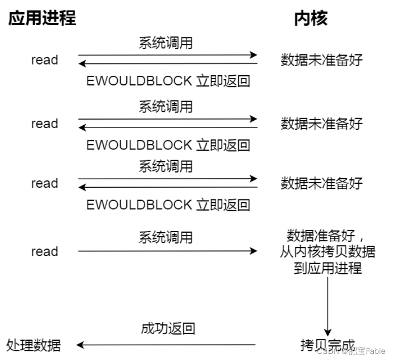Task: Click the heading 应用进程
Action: tap(42, 18)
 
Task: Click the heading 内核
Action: tap(310, 18)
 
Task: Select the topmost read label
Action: tap(44, 60)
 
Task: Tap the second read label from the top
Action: tap(44, 124)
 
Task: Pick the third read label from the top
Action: tap(44, 183)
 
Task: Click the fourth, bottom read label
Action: tap(44, 251)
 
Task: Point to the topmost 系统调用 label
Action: tap(166, 43)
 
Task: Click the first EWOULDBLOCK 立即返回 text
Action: tap(168, 81)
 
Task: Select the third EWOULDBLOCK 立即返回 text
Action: tap(168, 204)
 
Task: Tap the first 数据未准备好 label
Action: tap(322, 60)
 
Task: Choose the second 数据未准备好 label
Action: tap(322, 124)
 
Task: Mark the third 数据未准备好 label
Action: tap(322, 183)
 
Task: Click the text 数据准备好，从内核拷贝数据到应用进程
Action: tap(327, 251)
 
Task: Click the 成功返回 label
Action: tap(168, 329)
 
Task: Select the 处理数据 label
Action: tap(34, 345)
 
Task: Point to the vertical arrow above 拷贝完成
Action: tap(327, 303)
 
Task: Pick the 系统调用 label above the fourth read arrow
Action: tap(166, 237)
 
